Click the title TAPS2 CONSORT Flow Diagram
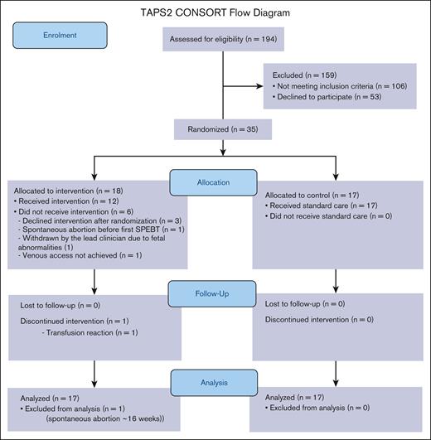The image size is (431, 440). [216, 12]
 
